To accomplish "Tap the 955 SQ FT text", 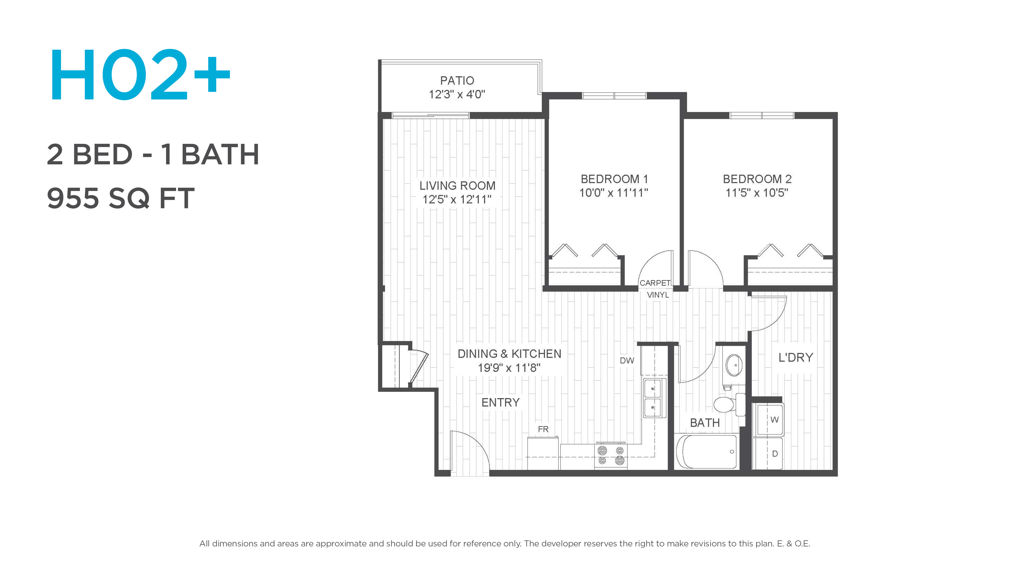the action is click(121, 198).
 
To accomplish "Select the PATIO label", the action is click(457, 80).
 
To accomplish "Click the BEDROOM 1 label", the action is click(614, 179).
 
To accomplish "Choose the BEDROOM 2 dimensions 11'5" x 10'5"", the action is click(757, 193).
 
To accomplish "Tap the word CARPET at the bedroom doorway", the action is click(655, 283).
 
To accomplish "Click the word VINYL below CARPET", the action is click(658, 295).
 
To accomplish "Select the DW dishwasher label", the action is click(627, 361).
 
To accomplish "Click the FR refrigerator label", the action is click(543, 429).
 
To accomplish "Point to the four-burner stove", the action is click(611, 455).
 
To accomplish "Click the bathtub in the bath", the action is click(707, 452).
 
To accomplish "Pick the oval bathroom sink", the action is click(734, 365).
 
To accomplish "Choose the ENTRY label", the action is click(501, 403).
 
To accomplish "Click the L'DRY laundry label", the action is click(796, 358).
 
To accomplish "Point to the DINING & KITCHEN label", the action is click(509, 354).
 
